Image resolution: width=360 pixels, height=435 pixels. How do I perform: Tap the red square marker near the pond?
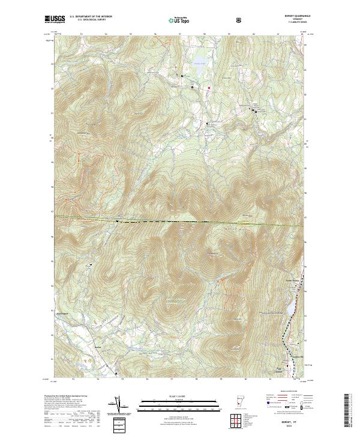point(209,88)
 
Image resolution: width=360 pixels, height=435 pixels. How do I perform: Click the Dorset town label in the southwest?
point(98,348)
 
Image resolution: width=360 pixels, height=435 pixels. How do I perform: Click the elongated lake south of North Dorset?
point(287,309)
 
